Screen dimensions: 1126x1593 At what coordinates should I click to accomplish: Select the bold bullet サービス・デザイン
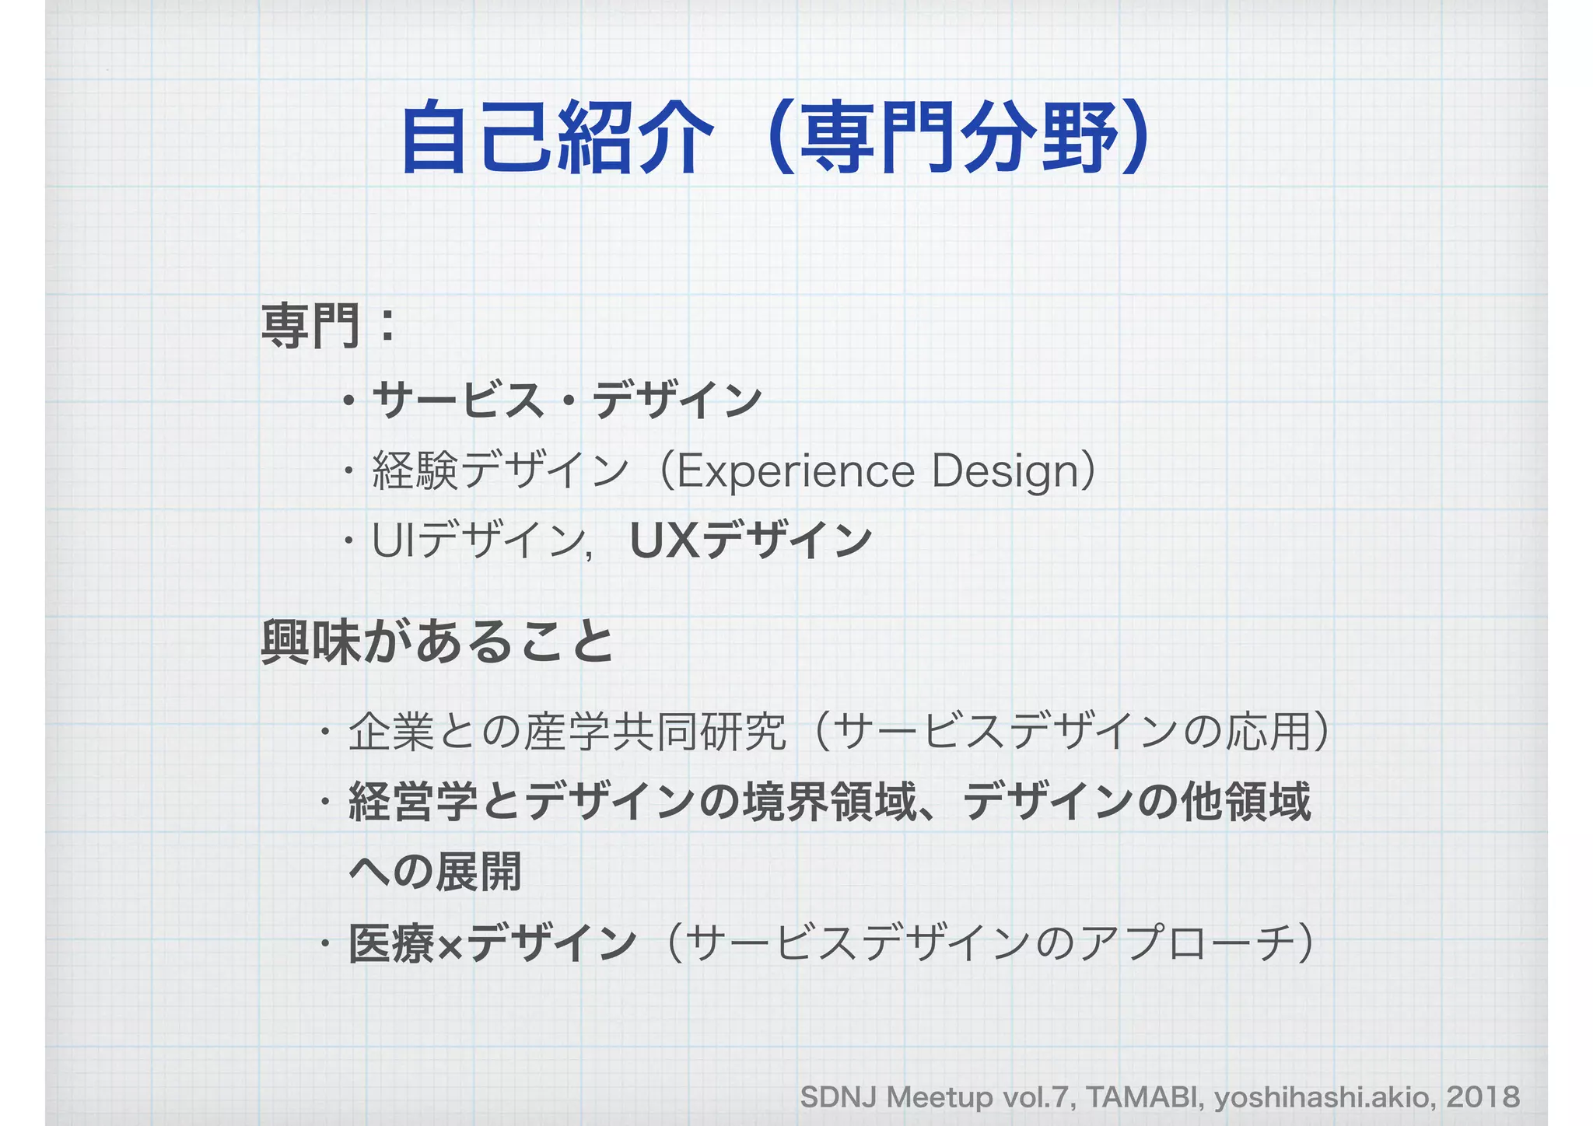coord(566,400)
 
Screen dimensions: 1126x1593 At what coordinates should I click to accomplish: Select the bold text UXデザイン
coord(751,541)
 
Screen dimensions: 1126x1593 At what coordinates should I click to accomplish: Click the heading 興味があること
coord(438,642)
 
